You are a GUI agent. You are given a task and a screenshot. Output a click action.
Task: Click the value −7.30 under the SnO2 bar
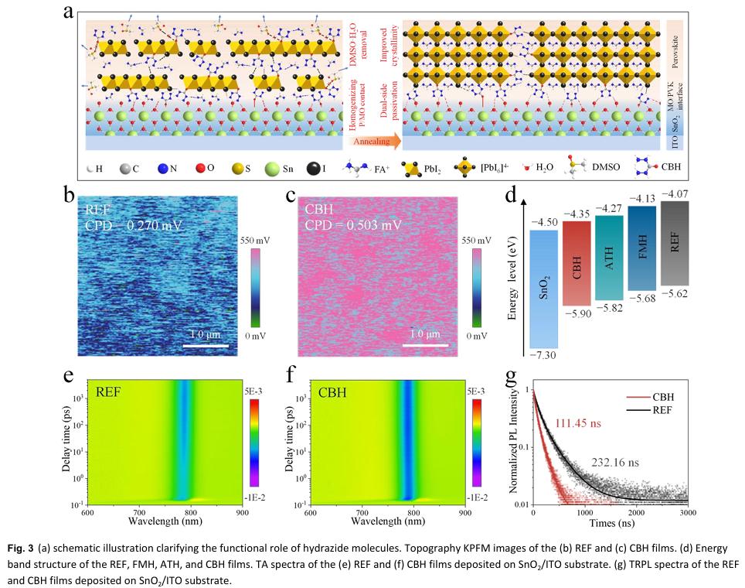tap(545, 355)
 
